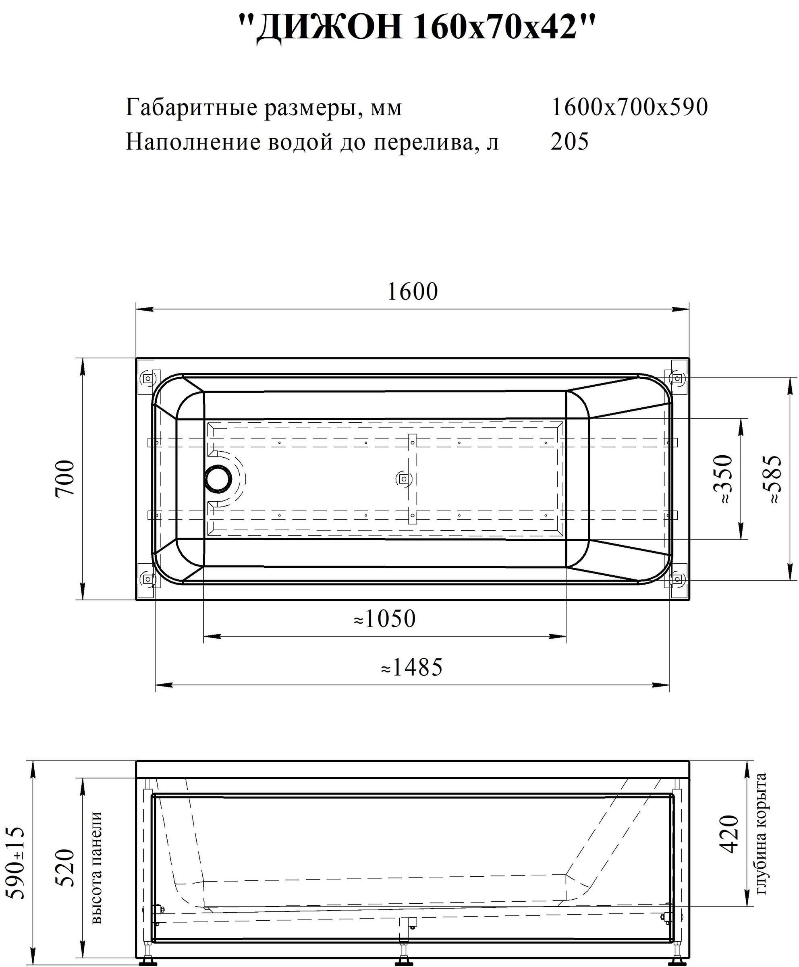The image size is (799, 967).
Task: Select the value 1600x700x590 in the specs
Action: (629, 108)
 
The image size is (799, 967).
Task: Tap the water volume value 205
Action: (569, 142)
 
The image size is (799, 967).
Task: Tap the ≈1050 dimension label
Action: (385, 619)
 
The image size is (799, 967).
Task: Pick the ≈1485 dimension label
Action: (412, 667)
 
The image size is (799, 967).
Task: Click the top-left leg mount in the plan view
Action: (148, 379)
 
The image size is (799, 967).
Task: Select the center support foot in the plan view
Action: (404, 479)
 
